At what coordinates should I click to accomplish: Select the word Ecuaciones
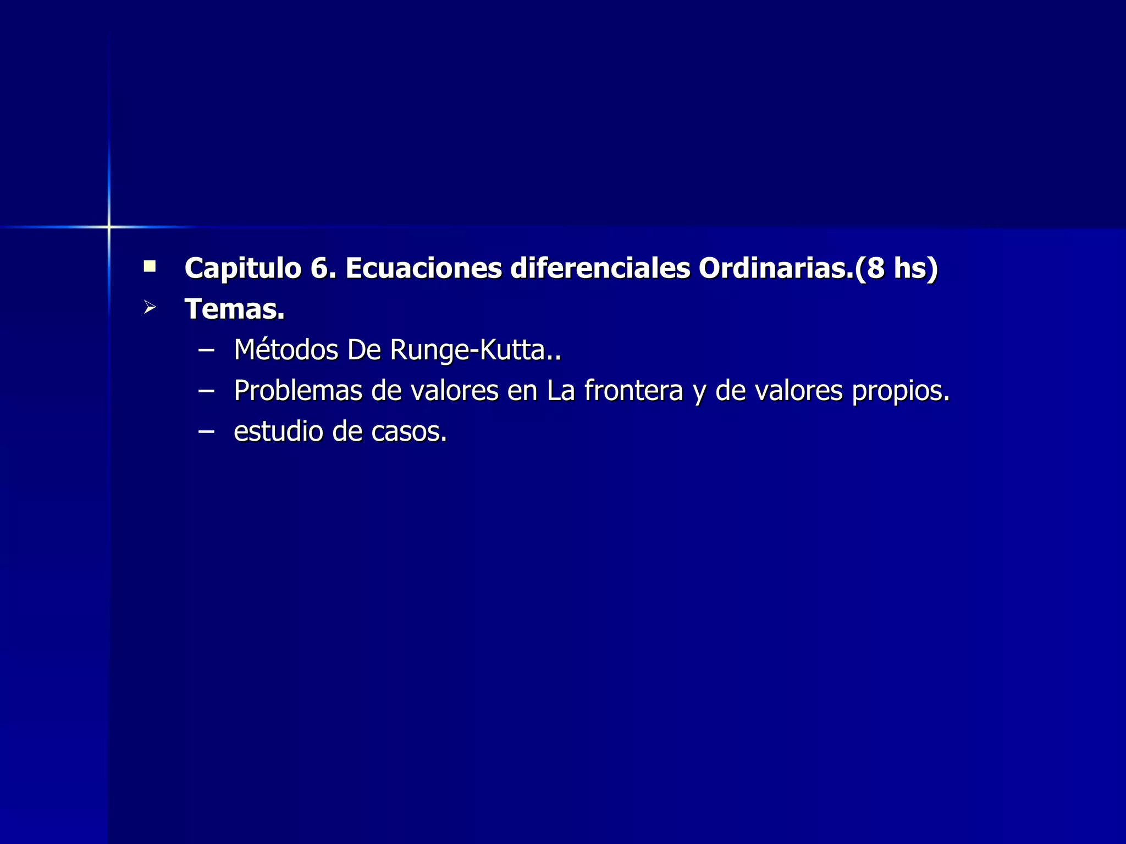click(x=423, y=269)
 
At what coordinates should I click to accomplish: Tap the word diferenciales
click(x=600, y=269)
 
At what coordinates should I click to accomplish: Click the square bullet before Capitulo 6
click(x=150, y=267)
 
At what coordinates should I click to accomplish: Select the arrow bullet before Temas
click(x=150, y=307)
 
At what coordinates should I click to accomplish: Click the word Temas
click(x=234, y=309)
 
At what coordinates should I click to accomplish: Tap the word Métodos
click(x=286, y=349)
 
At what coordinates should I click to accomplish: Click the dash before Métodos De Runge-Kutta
click(x=206, y=350)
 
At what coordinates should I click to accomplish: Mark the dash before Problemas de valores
click(x=206, y=391)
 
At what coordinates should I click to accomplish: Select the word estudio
click(x=278, y=431)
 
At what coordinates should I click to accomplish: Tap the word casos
click(x=409, y=431)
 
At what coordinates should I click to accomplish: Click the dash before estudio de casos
click(x=206, y=432)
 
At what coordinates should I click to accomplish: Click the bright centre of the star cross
click(x=109, y=226)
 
